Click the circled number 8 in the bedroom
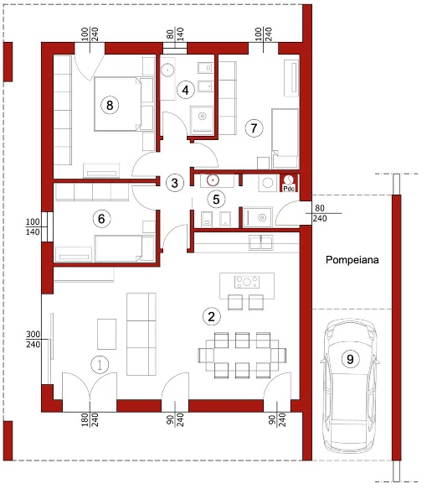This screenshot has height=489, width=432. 110,105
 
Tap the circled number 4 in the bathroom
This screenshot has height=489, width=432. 186,90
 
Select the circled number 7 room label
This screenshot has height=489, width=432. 254,127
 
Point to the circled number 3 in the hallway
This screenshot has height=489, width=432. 175,183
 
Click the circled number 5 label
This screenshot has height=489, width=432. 216,199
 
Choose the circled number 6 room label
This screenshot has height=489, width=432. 101,219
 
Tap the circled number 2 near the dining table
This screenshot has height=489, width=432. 211,316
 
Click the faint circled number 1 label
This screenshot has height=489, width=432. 100,365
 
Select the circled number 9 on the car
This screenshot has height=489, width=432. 350,359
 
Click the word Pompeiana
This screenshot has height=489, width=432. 352,260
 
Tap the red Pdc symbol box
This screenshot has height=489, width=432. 289,183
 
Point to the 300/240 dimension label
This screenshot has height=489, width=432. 33,340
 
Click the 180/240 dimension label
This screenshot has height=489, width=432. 90,419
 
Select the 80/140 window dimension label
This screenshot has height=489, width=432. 175,34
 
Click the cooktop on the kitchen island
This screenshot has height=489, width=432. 247,282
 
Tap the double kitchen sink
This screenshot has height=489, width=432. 261,242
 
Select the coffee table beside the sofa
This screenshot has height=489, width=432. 107,334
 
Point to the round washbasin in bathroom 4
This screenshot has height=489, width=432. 168,70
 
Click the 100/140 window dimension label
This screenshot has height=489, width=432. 33,226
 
